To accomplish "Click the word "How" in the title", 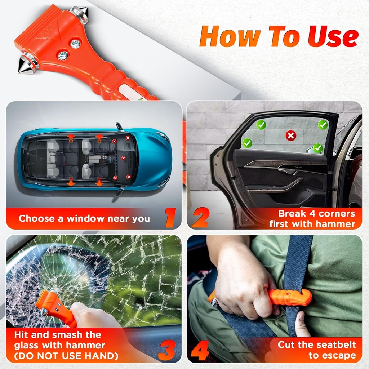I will [x=230, y=37].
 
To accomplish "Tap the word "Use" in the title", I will [x=333, y=37].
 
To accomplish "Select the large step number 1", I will [x=169, y=217].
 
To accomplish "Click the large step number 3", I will [x=167, y=350].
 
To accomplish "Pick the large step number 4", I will [x=200, y=350].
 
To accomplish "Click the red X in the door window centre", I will [x=290, y=135].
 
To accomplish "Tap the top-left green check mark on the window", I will [x=261, y=125].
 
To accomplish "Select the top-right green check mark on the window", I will [x=323, y=125].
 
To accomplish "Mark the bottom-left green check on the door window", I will [x=247, y=143].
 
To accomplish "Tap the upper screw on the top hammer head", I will [x=75, y=44].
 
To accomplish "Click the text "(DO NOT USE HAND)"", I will [x=66, y=356].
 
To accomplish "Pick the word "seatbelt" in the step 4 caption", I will [x=336, y=344].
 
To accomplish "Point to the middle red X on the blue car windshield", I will [x=123, y=158].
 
